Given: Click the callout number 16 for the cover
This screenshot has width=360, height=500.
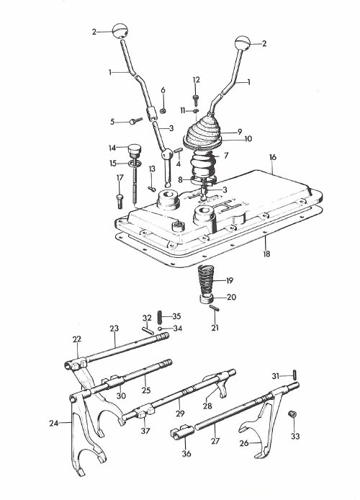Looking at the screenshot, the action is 272,157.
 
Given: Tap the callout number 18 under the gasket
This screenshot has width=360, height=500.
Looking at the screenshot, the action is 266,254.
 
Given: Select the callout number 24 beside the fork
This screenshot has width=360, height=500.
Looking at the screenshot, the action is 54,423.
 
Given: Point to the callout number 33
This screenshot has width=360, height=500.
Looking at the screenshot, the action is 295,436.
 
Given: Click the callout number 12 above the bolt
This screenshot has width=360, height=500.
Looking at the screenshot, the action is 197,80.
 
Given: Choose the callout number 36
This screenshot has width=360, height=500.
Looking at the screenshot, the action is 186,453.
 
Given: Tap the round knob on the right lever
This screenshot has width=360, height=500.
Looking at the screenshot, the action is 243,43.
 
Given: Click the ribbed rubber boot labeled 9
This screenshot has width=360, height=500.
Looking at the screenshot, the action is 203,132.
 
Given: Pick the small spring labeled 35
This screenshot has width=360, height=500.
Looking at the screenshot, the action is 160,317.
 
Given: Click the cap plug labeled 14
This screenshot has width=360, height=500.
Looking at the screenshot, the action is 134,150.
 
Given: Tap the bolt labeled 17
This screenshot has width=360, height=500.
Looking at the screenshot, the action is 120,201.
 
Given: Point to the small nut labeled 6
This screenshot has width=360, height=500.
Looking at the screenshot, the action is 163,111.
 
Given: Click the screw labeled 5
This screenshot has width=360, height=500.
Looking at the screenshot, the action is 135,121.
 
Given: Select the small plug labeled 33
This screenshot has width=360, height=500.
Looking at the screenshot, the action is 292,414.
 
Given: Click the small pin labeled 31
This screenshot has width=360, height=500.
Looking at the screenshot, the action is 295,373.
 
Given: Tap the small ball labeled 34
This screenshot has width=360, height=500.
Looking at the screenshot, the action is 160,329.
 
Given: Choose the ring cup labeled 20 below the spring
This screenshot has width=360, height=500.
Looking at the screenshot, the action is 207,300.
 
